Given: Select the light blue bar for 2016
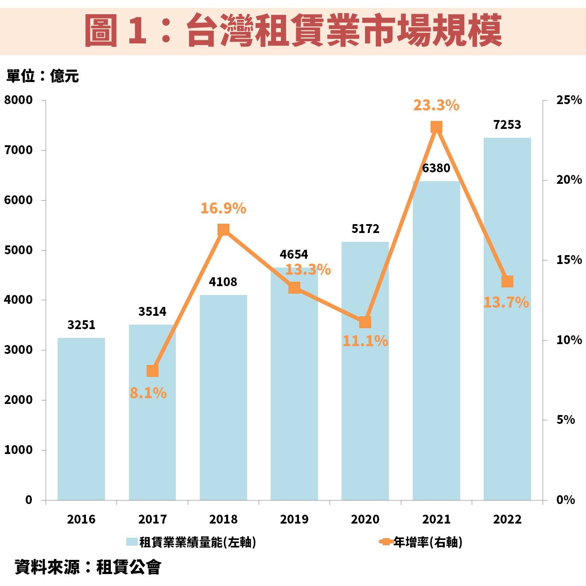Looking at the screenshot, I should (x=81, y=419).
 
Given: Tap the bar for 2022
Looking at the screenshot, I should (x=507, y=319).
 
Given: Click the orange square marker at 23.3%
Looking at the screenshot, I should (x=436, y=128).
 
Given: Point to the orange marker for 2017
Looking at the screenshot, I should (x=152, y=371).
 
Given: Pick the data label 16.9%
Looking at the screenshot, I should (x=223, y=208).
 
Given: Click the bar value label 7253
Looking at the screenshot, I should (x=507, y=125).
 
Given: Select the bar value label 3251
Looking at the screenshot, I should (x=81, y=325).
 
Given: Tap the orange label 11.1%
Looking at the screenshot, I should (x=365, y=341).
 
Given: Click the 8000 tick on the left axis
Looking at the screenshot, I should (x=19, y=100).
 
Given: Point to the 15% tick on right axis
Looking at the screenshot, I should (x=569, y=260).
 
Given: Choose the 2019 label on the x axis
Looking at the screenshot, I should (x=294, y=519).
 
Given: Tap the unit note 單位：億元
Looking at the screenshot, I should (x=43, y=76).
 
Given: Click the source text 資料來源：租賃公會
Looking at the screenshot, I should (x=88, y=567).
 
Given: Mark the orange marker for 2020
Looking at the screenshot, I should (x=365, y=322).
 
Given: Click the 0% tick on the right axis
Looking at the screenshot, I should (x=565, y=500).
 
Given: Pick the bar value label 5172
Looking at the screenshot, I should (x=365, y=229).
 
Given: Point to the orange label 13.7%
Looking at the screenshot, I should (x=506, y=303).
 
